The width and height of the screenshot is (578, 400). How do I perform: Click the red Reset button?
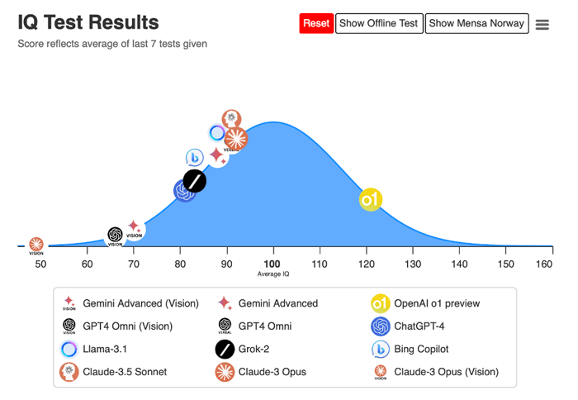[316, 23]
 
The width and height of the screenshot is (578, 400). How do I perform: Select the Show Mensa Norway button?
[476, 23]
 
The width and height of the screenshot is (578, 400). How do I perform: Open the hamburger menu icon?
[542, 25]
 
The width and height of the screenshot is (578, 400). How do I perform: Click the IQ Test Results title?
[88, 22]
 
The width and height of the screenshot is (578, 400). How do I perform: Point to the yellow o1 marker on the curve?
[371, 199]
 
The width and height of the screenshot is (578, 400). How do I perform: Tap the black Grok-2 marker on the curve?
[195, 181]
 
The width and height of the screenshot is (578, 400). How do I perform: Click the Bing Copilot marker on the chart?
[195, 157]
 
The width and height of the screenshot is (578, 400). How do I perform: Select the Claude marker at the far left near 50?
[36, 245]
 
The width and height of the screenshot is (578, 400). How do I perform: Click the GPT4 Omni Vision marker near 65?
[116, 236]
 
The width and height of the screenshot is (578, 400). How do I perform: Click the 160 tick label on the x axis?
[543, 264]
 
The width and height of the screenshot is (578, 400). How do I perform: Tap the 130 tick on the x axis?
[410, 264]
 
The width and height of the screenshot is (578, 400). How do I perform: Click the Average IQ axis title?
[273, 274]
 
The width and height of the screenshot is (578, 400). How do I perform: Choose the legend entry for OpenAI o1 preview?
[436, 303]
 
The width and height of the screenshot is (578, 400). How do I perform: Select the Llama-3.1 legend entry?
[105, 349]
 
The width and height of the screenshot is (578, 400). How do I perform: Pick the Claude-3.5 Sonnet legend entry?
[124, 372]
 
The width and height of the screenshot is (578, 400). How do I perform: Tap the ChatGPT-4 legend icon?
[381, 326]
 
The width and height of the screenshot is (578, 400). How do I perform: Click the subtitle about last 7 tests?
[112, 44]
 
